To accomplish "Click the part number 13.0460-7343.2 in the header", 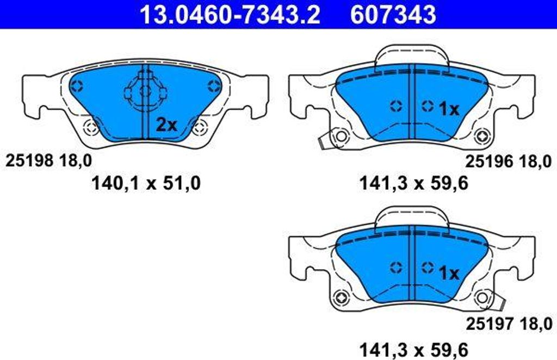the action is click(x=230, y=14).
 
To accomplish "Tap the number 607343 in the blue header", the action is click(x=393, y=14).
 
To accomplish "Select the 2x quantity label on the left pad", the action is click(x=166, y=125).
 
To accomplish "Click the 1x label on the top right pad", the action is click(x=449, y=109).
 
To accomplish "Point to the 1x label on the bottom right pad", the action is click(x=449, y=273).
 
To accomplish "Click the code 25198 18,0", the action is click(x=48, y=161).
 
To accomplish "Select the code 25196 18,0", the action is click(x=509, y=162).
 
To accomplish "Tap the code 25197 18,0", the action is click(x=509, y=324).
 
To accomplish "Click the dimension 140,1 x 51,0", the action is click(x=146, y=184).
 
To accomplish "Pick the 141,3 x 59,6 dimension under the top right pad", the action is click(x=414, y=184).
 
